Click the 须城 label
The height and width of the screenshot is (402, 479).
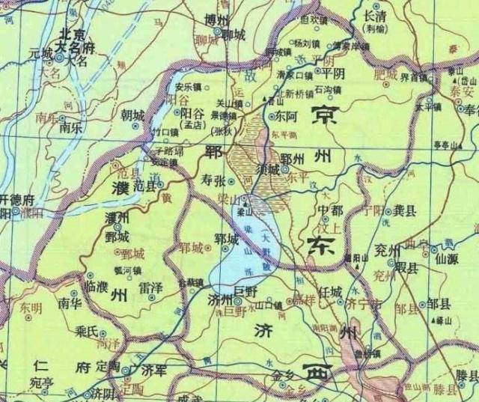coord(268,170)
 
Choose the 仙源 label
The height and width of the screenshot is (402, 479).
coord(445,256)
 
